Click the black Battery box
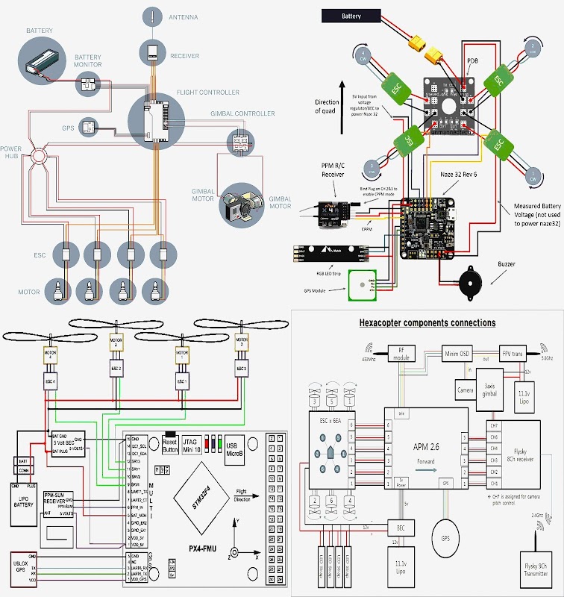coord(351,15)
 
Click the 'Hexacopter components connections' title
coord(427,323)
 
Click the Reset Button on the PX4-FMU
coord(170,446)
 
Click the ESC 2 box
coord(116,369)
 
